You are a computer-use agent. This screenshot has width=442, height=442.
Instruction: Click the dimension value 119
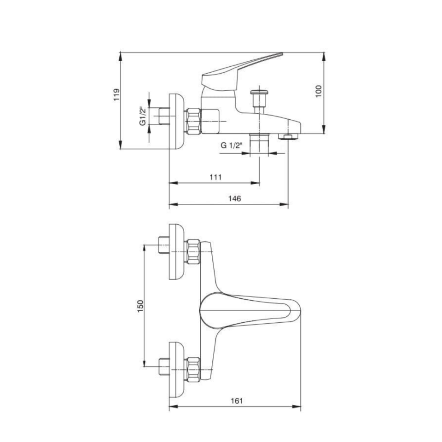coord(116,95)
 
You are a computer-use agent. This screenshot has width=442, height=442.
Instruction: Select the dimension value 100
coord(319,91)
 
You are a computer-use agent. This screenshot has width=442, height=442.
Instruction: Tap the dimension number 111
coord(215,177)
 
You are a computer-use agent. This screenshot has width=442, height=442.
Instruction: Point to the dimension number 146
coord(235,199)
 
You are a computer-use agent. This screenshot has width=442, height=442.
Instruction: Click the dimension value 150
coord(140,306)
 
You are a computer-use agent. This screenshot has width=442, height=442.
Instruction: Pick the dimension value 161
coord(237,401)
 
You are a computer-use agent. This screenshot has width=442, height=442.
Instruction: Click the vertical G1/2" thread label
coord(143,116)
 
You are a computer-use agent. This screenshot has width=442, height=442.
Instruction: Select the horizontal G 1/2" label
coord(232,145)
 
